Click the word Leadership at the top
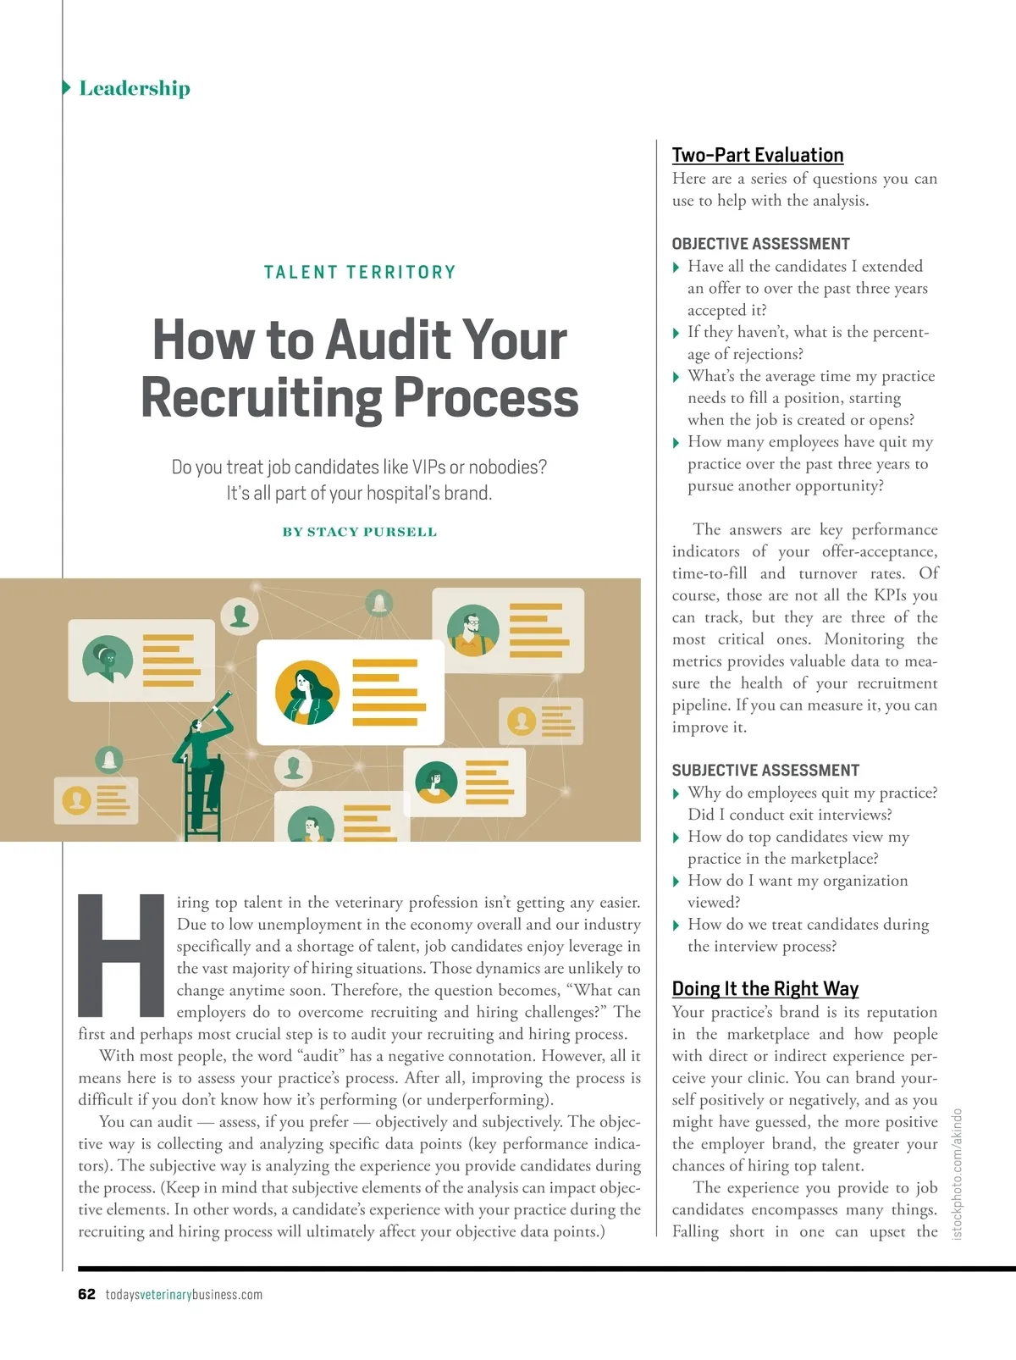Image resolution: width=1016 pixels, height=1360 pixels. point(135,88)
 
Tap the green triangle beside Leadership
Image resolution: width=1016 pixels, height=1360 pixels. point(67,87)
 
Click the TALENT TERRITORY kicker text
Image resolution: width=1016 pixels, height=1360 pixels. point(360,272)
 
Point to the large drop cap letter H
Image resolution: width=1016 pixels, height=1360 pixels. point(121,954)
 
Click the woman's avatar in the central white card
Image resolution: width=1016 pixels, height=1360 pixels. point(306,692)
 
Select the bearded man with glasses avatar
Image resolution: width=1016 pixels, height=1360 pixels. point(472,630)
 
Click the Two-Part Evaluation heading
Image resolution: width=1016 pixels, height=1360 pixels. point(757,155)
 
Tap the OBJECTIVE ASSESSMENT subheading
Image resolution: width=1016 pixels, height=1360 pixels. point(760,244)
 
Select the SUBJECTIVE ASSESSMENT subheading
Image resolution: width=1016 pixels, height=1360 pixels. point(765,770)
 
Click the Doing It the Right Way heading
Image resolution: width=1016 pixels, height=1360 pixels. point(765,988)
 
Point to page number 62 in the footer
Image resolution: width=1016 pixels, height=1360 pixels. point(86,1294)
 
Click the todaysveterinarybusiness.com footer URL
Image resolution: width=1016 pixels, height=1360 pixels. point(184,1294)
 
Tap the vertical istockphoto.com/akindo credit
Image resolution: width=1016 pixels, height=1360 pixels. point(958,1174)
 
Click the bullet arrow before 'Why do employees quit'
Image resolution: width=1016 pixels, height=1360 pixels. point(676,793)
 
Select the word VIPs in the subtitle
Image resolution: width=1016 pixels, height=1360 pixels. point(428,467)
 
